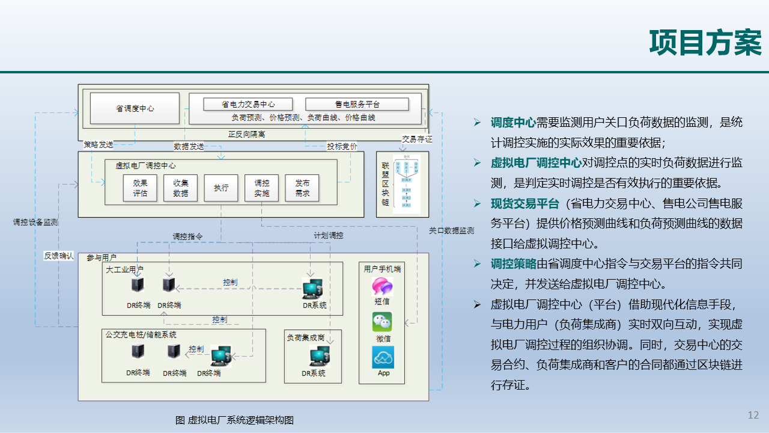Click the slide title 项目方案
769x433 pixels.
tap(705, 43)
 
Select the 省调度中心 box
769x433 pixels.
tap(135, 108)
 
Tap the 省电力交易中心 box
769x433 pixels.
tap(248, 104)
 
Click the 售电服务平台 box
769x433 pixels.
tap(357, 104)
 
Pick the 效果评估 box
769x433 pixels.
tap(140, 188)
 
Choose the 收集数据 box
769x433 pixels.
tap(180, 188)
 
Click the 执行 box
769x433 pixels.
tap(221, 188)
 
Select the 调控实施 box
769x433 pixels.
tap(262, 188)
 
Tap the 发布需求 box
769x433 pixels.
tap(302, 188)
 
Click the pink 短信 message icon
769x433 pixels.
tap(382, 286)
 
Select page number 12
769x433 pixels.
tap(753, 415)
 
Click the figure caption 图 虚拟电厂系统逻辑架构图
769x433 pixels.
tap(234, 420)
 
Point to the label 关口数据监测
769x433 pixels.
tap(451, 230)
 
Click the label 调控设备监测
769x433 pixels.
tap(35, 222)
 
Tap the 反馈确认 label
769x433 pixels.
tap(59, 256)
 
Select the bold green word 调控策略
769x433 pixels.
tap(513, 263)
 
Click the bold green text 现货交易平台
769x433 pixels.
tap(524, 203)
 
